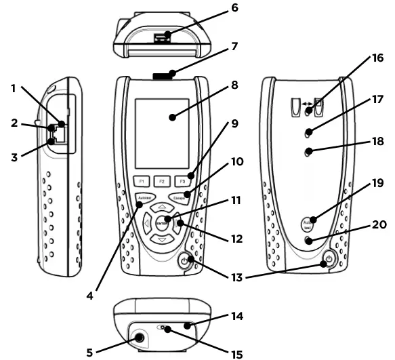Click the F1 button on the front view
point(142,182)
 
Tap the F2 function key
point(162,182)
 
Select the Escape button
point(180,197)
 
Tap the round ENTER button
point(161,222)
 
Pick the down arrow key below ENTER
point(161,239)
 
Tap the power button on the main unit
point(186,260)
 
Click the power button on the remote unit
point(328,258)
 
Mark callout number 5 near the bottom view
point(89,351)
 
